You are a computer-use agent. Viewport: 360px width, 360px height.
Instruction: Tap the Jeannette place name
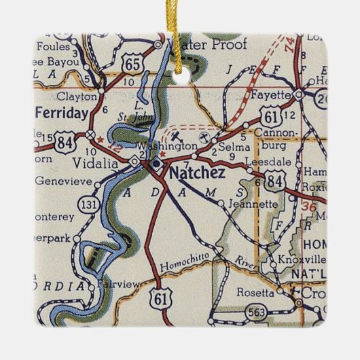pos(255,203)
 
